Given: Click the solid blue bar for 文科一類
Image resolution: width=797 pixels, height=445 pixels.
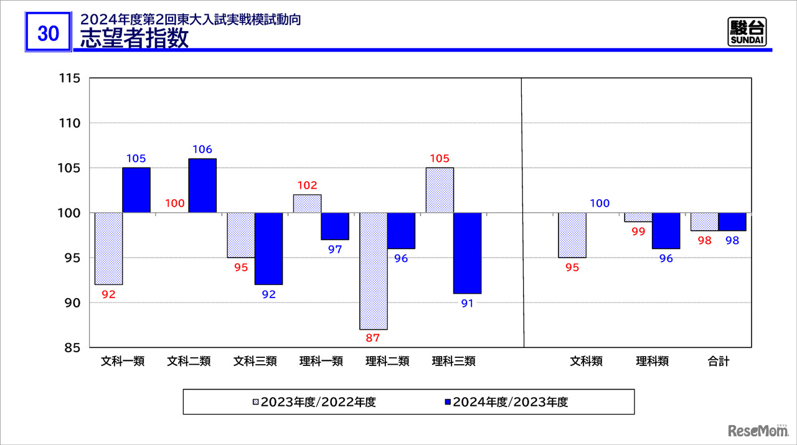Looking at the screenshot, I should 136,190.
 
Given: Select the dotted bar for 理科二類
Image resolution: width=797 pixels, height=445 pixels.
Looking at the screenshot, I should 374,271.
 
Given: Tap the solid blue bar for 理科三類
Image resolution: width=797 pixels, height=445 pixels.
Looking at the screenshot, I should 467,253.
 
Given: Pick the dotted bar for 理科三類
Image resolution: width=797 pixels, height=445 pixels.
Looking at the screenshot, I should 440,190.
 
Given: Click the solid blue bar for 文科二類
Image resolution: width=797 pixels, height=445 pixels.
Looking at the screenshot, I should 202,185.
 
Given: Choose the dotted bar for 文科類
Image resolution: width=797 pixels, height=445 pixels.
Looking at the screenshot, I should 572,235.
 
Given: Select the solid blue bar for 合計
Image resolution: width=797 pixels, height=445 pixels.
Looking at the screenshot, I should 732,222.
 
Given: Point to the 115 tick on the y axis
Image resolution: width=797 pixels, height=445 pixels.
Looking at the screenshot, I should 70,78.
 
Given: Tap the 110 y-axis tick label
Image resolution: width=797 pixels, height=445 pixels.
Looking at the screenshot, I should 70,123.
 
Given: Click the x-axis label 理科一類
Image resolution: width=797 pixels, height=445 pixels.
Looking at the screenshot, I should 321,362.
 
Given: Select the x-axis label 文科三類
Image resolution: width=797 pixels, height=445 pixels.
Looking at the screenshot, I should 255,362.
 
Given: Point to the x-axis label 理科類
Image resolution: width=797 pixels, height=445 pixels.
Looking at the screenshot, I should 653,362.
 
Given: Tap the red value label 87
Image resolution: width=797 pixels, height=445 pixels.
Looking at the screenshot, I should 373,338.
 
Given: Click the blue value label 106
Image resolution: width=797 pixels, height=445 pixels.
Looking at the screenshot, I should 202,149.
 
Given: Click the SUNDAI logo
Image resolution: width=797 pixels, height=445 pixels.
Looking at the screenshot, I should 747,32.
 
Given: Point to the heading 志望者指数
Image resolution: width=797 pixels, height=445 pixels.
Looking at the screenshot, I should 134,39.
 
